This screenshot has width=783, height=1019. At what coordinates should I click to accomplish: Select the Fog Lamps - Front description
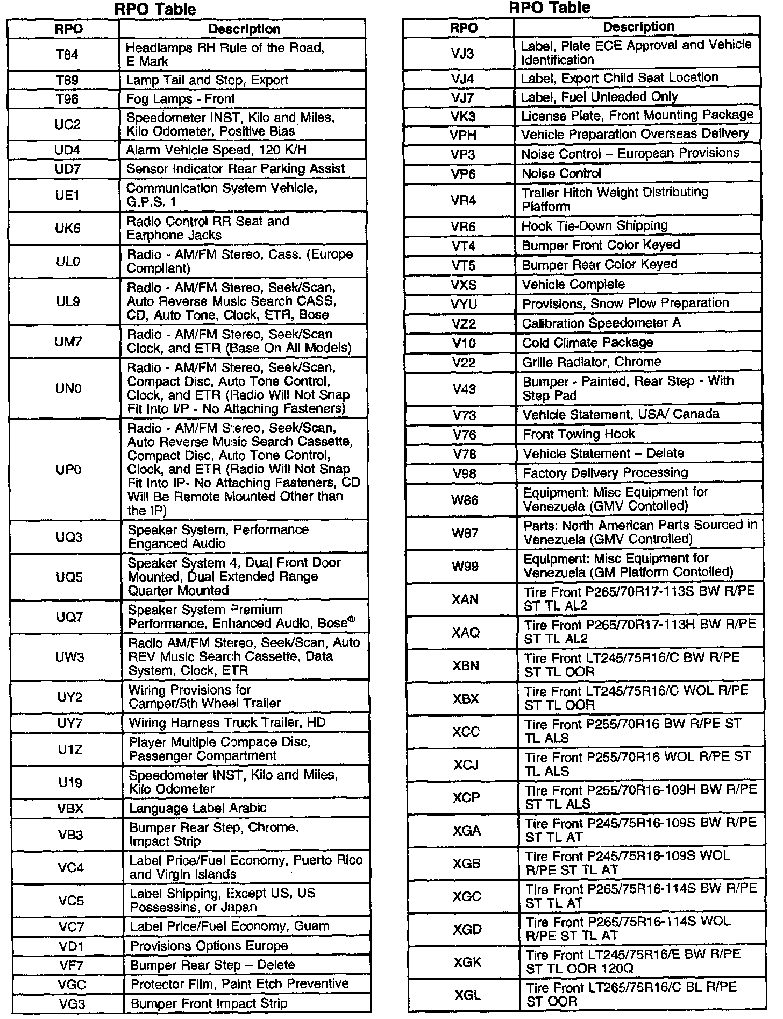click(x=180, y=99)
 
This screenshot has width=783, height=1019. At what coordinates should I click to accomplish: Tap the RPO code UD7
click(x=67, y=169)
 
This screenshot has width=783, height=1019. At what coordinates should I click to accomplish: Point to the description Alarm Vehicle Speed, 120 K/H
click(x=216, y=150)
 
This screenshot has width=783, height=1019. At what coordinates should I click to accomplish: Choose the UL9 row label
click(x=68, y=301)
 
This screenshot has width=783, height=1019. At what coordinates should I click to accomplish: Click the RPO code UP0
click(x=68, y=470)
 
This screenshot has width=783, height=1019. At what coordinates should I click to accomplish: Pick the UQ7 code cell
click(x=69, y=617)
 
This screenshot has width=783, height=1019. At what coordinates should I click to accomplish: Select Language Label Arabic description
click(x=197, y=808)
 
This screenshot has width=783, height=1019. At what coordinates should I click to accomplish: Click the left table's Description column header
click(x=244, y=29)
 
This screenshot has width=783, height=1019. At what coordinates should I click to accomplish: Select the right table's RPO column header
click(x=463, y=27)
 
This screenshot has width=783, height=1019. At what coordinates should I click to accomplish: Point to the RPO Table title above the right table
click(x=550, y=8)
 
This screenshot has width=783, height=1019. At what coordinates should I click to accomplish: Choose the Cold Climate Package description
click(x=587, y=343)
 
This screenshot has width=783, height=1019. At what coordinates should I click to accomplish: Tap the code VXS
click(x=464, y=285)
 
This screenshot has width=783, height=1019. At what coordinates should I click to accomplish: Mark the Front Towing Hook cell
click(x=579, y=434)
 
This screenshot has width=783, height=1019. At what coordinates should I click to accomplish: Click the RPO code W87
click(x=465, y=533)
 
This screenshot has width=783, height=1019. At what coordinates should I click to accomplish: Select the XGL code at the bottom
click(x=467, y=995)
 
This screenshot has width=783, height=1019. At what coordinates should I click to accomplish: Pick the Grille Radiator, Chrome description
click(x=592, y=362)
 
